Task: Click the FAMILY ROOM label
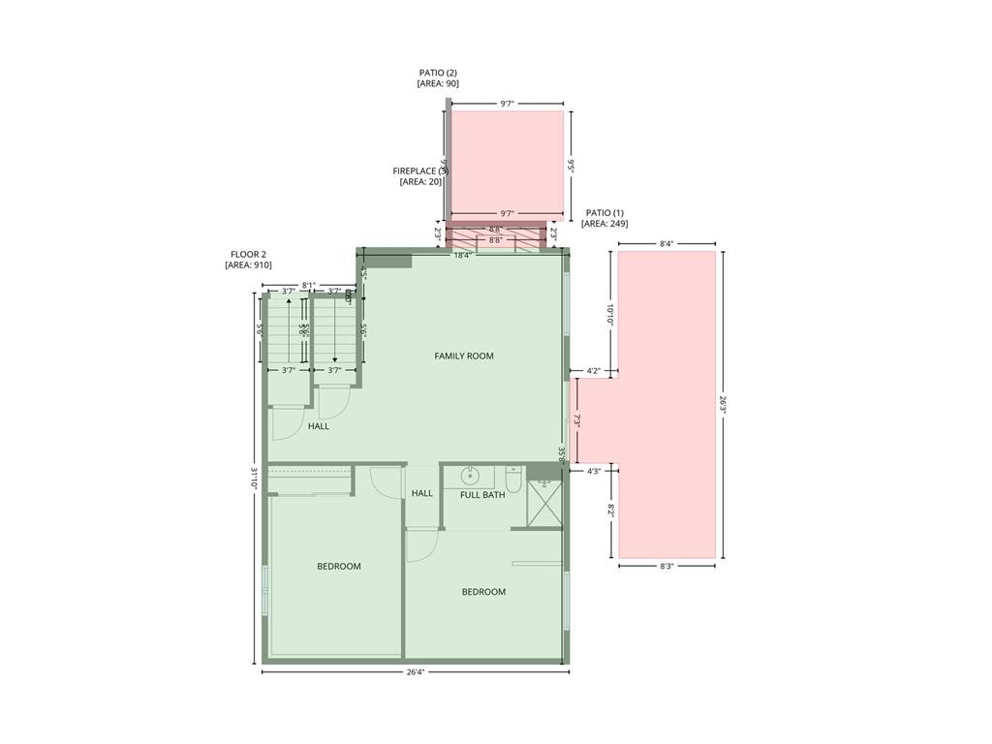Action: pos(463,356)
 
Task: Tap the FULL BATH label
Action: pos(482,495)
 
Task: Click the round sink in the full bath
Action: pos(471,476)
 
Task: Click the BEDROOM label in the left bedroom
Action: pos(339,567)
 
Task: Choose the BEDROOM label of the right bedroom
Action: pos(483,592)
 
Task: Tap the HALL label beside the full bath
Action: pos(422,493)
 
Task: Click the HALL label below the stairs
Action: pos(319,426)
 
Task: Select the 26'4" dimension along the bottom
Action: pos(415,672)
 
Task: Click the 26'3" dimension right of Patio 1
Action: pos(723,404)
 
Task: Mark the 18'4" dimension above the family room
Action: pos(463,256)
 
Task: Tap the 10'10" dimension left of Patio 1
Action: pos(610,314)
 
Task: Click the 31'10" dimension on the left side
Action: pos(255,480)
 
